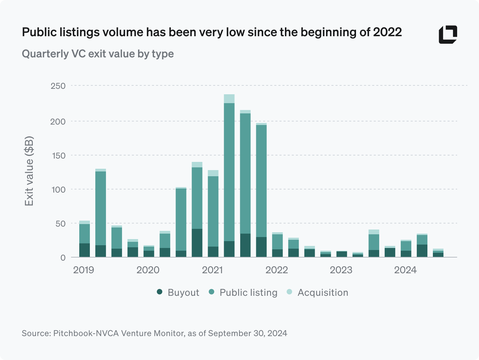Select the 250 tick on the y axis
pyautogui.click(x=58, y=86)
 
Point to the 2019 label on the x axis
pyautogui.click(x=84, y=270)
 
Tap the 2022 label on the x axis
pyautogui.click(x=277, y=270)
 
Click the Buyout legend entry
pyautogui.click(x=178, y=293)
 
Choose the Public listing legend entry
pyautogui.click(x=243, y=293)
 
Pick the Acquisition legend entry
pyautogui.click(x=317, y=293)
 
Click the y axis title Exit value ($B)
pyautogui.click(x=29, y=171)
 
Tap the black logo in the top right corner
pyautogui.click(x=448, y=34)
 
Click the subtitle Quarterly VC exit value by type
pyautogui.click(x=98, y=54)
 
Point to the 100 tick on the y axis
pyautogui.click(x=58, y=190)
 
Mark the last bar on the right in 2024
pyautogui.click(x=438, y=253)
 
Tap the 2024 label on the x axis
pyautogui.click(x=406, y=270)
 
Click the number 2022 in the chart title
pyautogui.click(x=387, y=32)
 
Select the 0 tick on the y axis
pyautogui.click(x=63, y=258)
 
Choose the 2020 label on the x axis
pyautogui.click(x=148, y=270)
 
